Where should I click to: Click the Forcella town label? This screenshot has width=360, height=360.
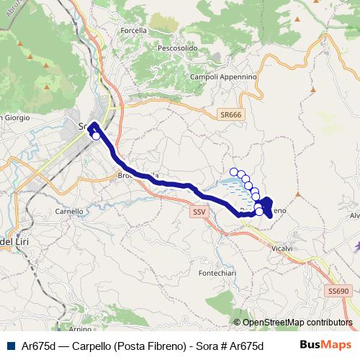pos(135,30)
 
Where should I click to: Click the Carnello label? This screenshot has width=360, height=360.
pos(70,212)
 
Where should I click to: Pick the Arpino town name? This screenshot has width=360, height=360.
pos(81,329)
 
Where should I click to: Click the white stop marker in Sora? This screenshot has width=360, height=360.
pos(96,135)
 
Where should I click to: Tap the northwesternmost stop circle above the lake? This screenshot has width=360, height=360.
pos(233,171)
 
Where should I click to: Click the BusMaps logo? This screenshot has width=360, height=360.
pos(325,344)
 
